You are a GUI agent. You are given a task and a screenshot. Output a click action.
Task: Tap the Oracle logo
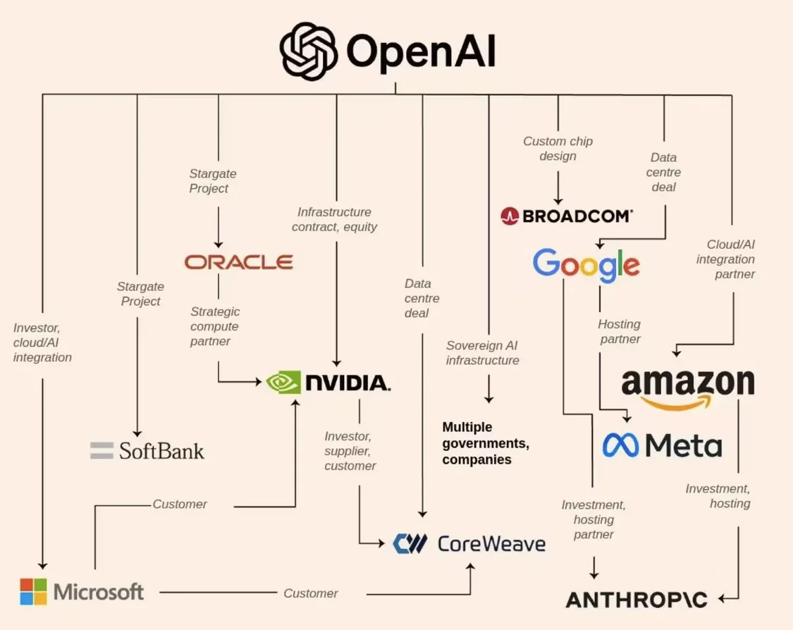tap(238, 262)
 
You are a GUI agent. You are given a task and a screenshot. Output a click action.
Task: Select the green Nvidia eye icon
tap(283, 383)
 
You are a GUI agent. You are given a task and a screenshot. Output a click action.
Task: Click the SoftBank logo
tap(147, 450)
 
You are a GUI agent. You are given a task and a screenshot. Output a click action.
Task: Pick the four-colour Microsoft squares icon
tap(33, 591)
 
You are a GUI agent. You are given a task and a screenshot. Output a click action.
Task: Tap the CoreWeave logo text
tap(491, 543)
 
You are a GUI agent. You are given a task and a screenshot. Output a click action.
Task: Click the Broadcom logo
tap(567, 216)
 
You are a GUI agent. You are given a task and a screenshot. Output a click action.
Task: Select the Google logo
tap(586, 264)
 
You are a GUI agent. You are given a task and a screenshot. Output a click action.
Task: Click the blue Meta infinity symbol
tap(620, 445)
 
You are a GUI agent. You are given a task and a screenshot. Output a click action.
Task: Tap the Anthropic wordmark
tap(637, 600)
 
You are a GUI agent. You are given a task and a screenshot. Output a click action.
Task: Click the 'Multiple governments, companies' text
tap(485, 443)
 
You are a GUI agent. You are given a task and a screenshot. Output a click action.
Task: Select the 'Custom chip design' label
tap(558, 148)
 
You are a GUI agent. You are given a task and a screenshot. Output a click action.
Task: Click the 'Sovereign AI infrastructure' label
tap(482, 352)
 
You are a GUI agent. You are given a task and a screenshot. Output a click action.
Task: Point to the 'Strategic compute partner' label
tap(214, 326)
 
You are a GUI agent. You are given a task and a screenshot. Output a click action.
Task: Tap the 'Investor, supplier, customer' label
tap(350, 451)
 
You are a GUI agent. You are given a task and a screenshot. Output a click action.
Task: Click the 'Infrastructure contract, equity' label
tap(334, 219)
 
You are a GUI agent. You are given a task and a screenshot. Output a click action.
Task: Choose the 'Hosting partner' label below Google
tap(619, 331)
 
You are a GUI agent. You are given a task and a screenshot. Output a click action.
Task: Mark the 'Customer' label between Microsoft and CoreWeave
tap(310, 593)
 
